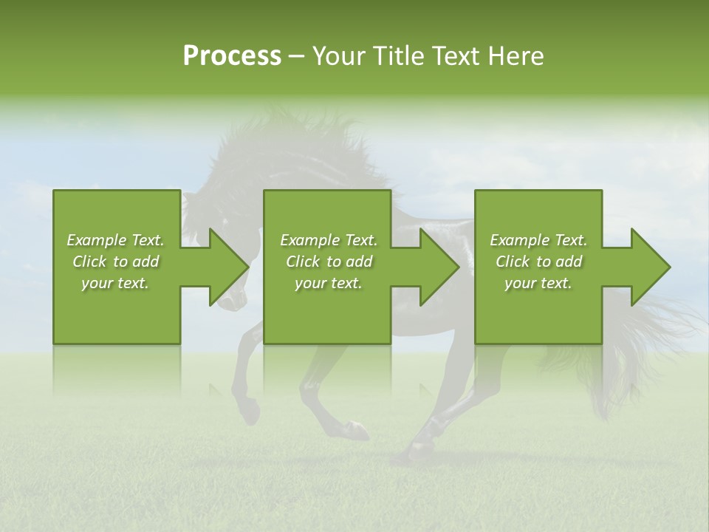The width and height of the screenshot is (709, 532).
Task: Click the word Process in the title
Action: pyautogui.click(x=232, y=56)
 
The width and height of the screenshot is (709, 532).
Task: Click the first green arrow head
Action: pyautogui.click(x=228, y=267)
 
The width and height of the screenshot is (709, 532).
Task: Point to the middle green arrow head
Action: pyautogui.click(x=439, y=267)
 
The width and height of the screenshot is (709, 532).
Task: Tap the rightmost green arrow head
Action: pyautogui.click(x=650, y=267)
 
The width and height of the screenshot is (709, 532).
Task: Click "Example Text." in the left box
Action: pyautogui.click(x=115, y=240)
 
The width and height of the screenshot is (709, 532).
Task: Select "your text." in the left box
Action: pyautogui.click(x=115, y=283)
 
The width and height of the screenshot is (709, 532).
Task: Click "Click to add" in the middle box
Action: pyautogui.click(x=329, y=262)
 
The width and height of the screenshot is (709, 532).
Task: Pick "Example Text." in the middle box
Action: pyautogui.click(x=329, y=240)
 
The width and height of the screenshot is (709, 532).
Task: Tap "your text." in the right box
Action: pyautogui.click(x=538, y=283)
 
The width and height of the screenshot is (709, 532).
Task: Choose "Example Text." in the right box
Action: pyautogui.click(x=538, y=240)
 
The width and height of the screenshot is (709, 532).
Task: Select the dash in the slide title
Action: pyautogui.click(x=296, y=57)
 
